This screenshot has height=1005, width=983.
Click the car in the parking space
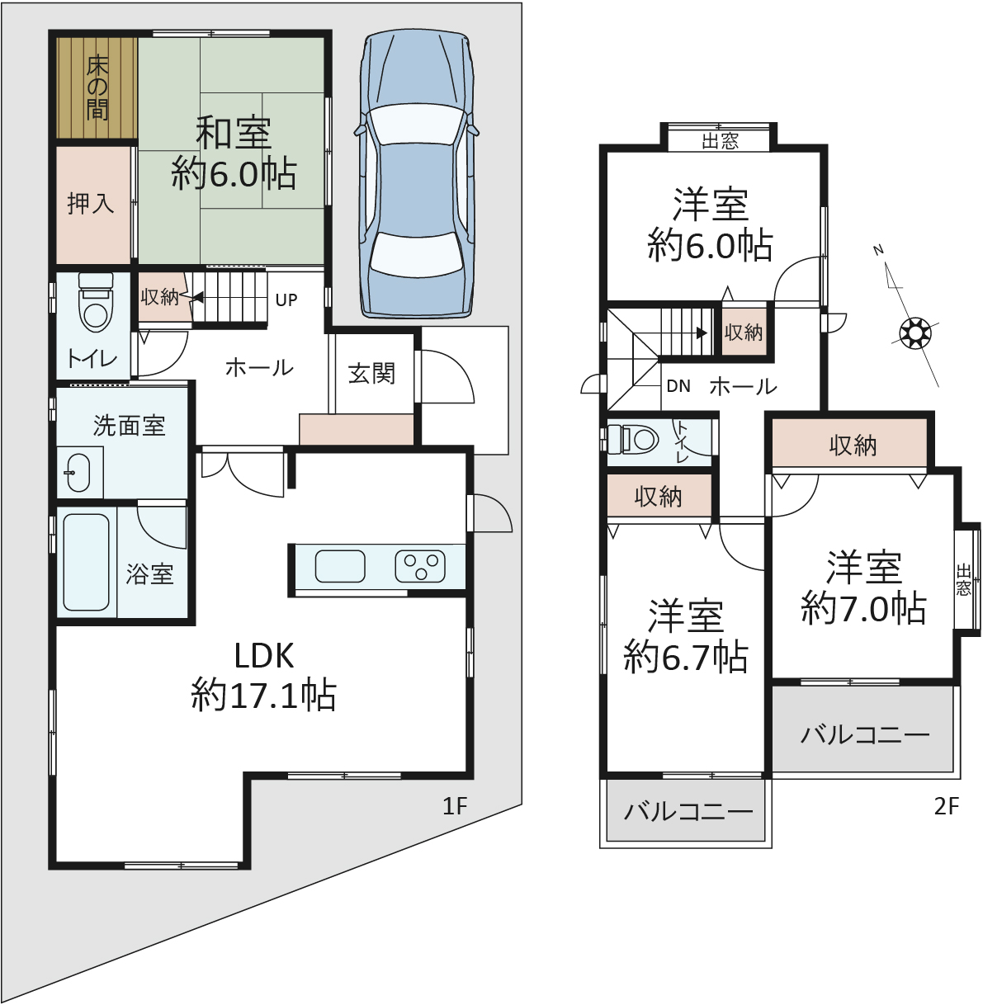coord(416,175)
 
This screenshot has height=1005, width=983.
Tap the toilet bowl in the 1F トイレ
coord(95,304)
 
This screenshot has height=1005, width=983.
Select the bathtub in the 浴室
coord(86,563)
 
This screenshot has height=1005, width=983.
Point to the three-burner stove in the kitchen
coord(420,567)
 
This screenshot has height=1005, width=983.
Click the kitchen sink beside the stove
coord(340,567)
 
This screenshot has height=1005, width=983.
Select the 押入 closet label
coord(91,204)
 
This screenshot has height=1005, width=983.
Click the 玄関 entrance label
coord(371,374)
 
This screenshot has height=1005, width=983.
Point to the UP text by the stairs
coord(286,300)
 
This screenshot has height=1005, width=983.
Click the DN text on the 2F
coord(678,386)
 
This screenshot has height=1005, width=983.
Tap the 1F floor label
coord(455,806)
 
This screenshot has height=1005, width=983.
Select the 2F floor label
coord(947,806)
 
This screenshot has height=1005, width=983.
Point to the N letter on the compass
coord(878,251)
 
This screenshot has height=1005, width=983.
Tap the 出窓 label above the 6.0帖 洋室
coord(720,141)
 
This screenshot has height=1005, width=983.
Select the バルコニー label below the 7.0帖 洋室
coord(865,735)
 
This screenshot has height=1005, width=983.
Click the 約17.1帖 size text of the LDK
coord(264,695)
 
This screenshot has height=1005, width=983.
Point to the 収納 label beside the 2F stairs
coord(744,333)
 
